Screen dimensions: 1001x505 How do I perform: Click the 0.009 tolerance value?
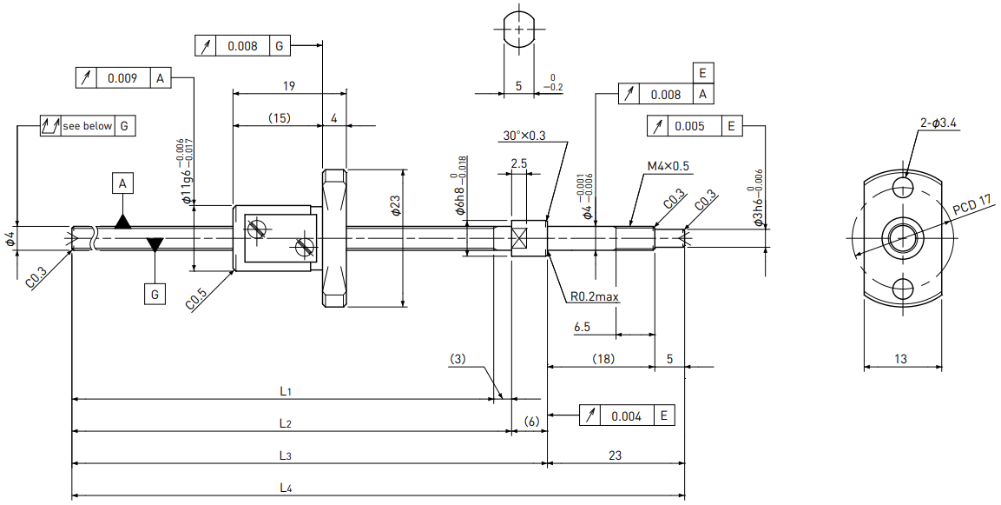(122, 78)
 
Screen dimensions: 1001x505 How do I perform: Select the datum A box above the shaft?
(122, 184)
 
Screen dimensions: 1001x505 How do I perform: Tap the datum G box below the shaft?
(155, 295)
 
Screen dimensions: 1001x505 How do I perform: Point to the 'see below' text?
(88, 126)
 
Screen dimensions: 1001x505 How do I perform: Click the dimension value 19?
(288, 86)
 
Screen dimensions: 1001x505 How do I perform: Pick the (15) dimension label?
(279, 117)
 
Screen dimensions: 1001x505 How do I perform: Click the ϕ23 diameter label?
(395, 205)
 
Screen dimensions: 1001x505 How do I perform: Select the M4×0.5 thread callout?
(668, 166)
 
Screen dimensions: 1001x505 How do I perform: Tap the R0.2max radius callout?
(595, 296)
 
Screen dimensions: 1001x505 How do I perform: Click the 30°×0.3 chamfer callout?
(524, 136)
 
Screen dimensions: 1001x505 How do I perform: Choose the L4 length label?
(286, 488)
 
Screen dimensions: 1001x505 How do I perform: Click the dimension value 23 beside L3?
(615, 455)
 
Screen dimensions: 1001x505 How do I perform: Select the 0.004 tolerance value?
(626, 416)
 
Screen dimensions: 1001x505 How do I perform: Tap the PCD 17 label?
(972, 206)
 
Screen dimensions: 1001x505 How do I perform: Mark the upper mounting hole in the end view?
(903, 187)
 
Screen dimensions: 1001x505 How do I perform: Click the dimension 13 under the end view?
(900, 359)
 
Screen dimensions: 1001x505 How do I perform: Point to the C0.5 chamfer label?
(196, 299)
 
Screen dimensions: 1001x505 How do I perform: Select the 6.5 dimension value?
(582, 327)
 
